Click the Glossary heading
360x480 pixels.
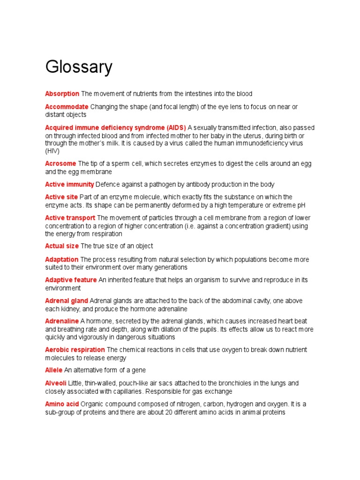click(79, 67)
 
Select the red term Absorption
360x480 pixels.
click(62, 94)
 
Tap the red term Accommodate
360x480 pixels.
click(67, 107)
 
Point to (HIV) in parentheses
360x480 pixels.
click(52, 151)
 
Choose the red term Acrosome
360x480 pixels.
click(60, 164)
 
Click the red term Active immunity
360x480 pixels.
click(69, 184)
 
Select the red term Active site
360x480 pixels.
click(61, 197)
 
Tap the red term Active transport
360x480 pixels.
click(70, 218)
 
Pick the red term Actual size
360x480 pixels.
click(62, 246)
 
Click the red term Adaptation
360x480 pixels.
click(62, 259)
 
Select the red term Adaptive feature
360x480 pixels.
click(71, 280)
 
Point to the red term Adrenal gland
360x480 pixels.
click(67, 300)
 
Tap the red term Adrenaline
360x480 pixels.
click(62, 321)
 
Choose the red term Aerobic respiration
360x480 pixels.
click(75, 350)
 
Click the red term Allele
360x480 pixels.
click(54, 370)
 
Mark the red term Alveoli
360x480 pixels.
click(56, 383)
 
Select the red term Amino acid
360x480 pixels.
click(62, 404)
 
